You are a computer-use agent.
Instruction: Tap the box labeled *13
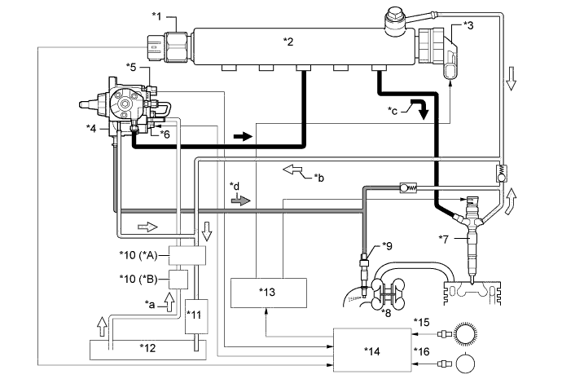(x=268, y=292)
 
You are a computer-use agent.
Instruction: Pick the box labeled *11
(x=197, y=314)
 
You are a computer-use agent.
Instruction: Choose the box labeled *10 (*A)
(x=187, y=255)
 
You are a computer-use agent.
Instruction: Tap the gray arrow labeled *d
(x=242, y=200)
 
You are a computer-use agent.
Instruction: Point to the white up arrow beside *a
(x=170, y=304)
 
